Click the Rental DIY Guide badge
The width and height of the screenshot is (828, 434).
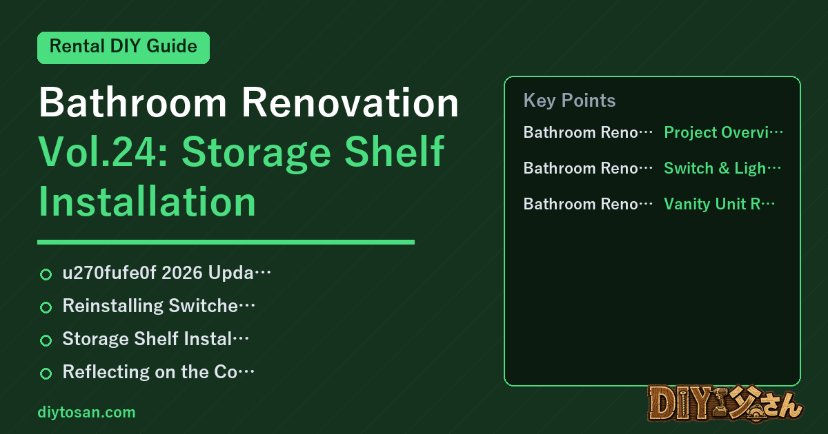pos(124,48)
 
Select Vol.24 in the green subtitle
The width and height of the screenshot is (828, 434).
pos(103,152)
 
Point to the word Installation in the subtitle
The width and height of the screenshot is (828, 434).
pos(147,201)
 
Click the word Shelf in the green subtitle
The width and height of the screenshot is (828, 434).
pos(394,152)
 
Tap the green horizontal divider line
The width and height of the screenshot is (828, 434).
pos(226,242)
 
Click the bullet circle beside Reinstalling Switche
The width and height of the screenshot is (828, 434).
pos(46,307)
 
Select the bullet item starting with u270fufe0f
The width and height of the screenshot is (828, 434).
pos(167,273)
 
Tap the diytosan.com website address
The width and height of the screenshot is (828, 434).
pos(86,412)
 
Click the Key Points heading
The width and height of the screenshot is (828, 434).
pos(569,101)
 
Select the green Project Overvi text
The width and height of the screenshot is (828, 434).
pos(723,132)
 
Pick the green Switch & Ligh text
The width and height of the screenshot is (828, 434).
pos(722,168)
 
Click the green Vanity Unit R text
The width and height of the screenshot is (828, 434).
pos(719,204)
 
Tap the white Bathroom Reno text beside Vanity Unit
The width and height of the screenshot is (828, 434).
pos(588,204)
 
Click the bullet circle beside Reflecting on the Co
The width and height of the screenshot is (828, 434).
pos(46,373)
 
